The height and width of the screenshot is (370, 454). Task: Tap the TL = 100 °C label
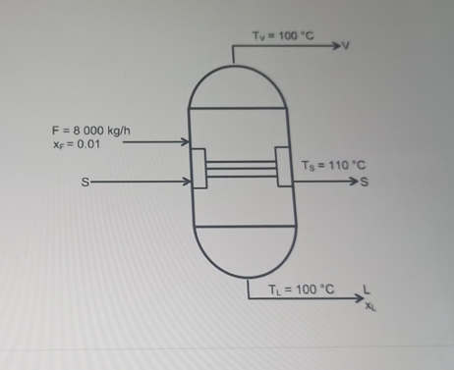tap(301, 290)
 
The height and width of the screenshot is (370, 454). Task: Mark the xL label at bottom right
tap(369, 305)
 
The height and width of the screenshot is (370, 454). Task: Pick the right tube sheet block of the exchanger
tap(283, 167)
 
